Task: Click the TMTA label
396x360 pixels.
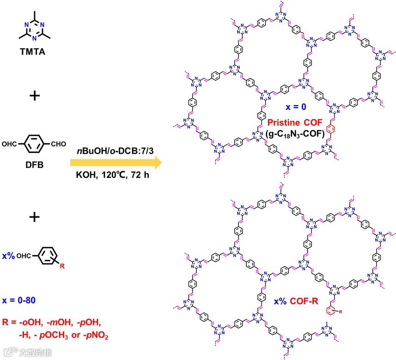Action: [35, 53]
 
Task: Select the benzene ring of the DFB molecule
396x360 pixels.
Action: [35, 145]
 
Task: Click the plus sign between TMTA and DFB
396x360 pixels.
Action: [35, 96]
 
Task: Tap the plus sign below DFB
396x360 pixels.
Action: [35, 217]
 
